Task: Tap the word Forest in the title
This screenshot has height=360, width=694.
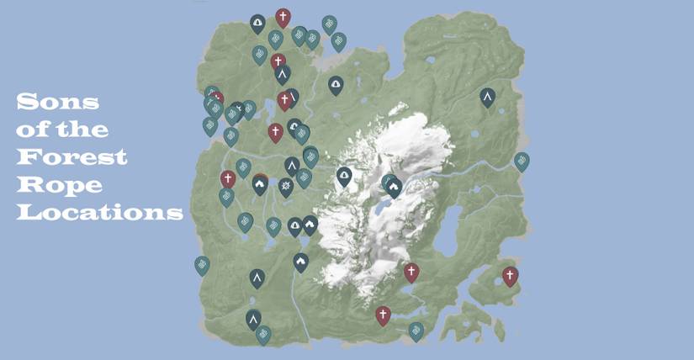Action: point(72,157)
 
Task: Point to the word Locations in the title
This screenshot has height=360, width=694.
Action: point(100,212)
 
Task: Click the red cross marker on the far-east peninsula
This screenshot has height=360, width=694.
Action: point(510,275)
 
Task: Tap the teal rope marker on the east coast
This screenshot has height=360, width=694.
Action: point(522,161)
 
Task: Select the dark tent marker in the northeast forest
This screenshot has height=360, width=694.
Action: point(487,97)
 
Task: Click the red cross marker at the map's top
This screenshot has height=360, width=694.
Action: point(283,17)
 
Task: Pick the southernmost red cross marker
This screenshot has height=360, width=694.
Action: point(383,315)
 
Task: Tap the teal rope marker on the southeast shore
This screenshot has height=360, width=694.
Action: point(416,330)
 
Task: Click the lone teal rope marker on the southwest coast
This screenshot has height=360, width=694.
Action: point(202,265)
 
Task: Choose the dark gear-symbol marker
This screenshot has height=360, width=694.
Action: point(286,185)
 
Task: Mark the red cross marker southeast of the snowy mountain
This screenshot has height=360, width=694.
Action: point(411,272)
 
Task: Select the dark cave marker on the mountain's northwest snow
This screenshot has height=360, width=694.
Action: point(343,176)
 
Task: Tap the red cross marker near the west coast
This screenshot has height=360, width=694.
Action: point(228,178)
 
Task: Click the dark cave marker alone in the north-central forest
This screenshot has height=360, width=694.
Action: point(336,84)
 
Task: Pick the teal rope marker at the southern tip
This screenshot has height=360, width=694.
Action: point(263,334)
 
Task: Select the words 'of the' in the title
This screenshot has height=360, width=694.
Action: point(62,130)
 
